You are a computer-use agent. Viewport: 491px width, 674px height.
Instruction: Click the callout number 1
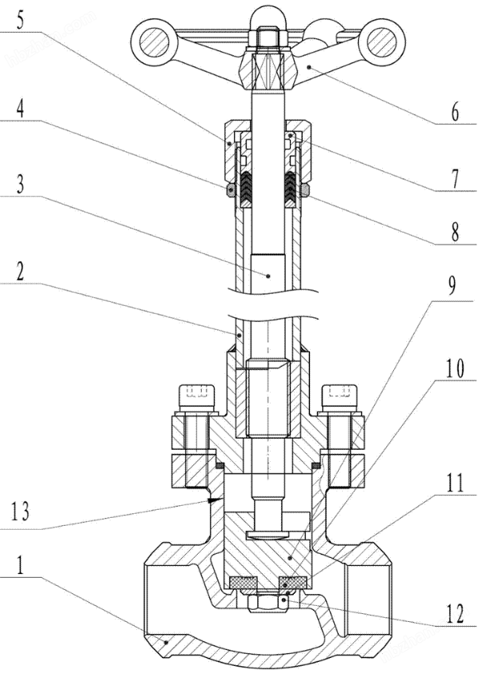pyautogui.click(x=18, y=571)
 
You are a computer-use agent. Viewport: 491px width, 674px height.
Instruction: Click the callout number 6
pyautogui.click(x=454, y=112)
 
